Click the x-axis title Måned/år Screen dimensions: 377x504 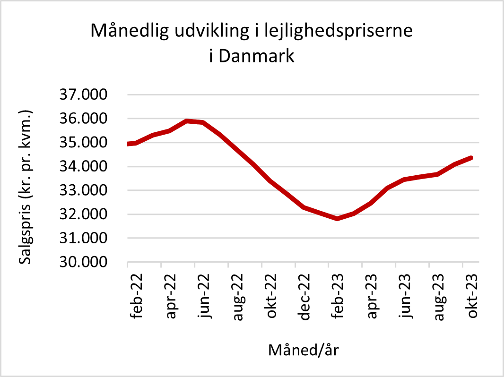[x=304, y=350]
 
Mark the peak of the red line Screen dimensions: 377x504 [x=187, y=121]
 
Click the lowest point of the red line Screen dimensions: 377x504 [x=337, y=218]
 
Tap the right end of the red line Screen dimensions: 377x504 [x=471, y=158]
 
